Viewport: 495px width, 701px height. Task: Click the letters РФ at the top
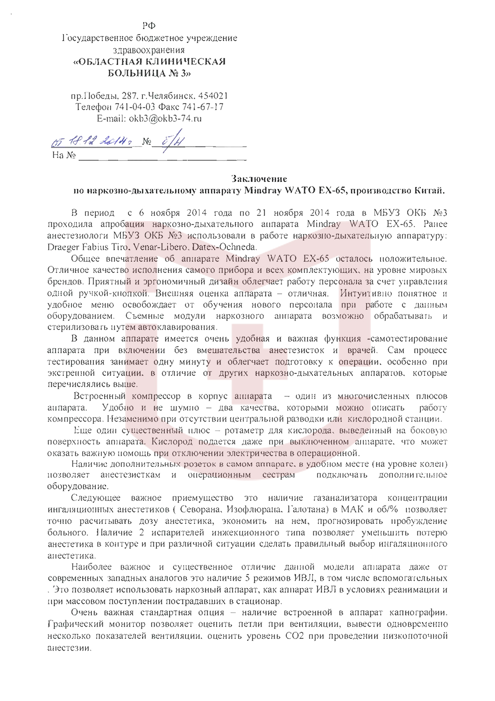click(149, 26)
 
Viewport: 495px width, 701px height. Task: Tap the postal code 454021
click(213, 96)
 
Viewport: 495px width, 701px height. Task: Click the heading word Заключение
click(259, 179)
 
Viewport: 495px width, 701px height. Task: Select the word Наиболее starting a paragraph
click(92, 567)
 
